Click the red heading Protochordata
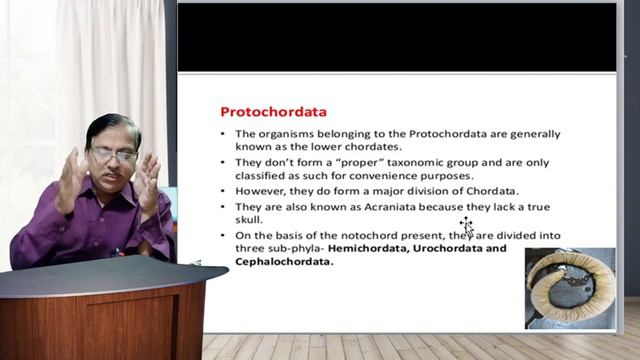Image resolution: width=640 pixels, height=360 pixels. pyautogui.click(x=273, y=111)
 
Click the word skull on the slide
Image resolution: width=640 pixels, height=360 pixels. pyautogui.click(x=249, y=220)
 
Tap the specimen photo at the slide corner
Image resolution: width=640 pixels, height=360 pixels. pyautogui.click(x=569, y=287)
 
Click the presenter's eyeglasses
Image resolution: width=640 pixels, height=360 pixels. pyautogui.click(x=112, y=156)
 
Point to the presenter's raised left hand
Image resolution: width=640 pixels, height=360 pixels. pyautogui.click(x=149, y=182)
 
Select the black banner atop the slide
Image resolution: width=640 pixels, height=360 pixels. pyautogui.click(x=397, y=37)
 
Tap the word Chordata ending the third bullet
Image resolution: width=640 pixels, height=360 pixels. pyautogui.click(x=493, y=191)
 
